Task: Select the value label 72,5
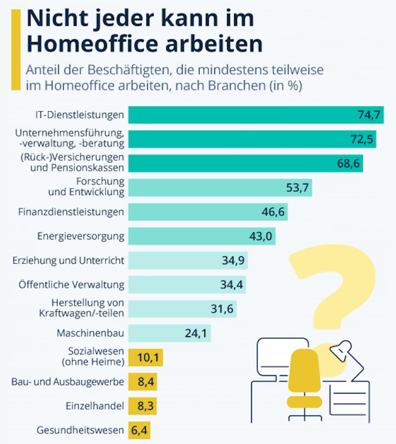tap(362, 140)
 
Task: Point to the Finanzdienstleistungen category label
tap(71, 212)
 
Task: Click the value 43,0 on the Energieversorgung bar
tap(260, 236)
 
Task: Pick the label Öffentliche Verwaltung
tap(72, 285)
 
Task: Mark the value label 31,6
tap(222, 309)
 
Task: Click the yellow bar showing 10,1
tap(145, 358)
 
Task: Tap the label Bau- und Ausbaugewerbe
tap(68, 382)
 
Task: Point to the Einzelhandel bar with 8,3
tap(142, 406)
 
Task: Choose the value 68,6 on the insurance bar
tap(350, 164)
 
